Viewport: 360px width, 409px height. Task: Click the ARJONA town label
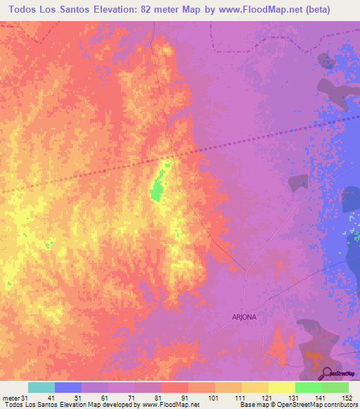(x=244, y=317)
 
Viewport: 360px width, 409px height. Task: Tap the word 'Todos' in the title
(x=26, y=9)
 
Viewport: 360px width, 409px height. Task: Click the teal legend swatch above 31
(x=41, y=387)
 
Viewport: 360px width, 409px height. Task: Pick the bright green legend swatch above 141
(x=309, y=387)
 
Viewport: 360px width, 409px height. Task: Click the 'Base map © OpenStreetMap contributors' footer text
(x=297, y=405)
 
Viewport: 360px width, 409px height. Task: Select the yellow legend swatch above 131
(x=282, y=387)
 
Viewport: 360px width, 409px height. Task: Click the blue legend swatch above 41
(x=68, y=387)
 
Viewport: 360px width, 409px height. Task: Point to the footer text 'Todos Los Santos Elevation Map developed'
(x=70, y=405)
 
